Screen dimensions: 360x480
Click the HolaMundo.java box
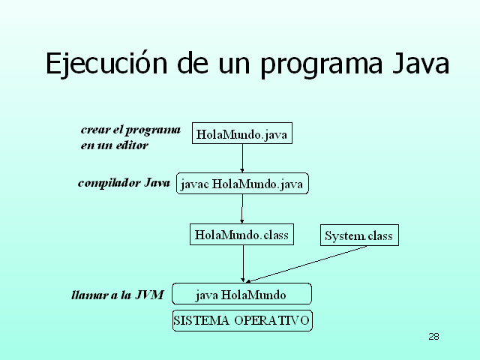[x=241, y=134]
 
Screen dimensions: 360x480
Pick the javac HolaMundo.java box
[x=243, y=184]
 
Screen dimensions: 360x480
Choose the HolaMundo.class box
[x=241, y=235]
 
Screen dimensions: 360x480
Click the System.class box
[x=358, y=235]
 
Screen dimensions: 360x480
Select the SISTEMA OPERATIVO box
[x=241, y=320]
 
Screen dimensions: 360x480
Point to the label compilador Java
[x=124, y=183]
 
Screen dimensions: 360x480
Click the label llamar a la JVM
[x=117, y=295]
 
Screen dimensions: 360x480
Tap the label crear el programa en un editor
[x=130, y=136]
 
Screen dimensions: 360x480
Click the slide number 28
[x=433, y=336]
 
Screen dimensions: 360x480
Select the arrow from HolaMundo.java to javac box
[x=241, y=158]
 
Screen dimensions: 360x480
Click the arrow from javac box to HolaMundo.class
[x=241, y=209]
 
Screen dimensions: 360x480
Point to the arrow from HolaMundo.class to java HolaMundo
[x=243, y=263]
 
